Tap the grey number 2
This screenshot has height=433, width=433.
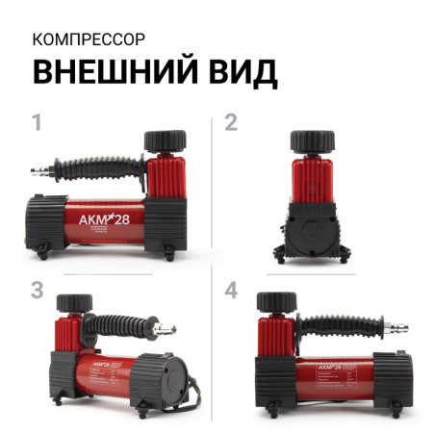click(231, 122)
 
